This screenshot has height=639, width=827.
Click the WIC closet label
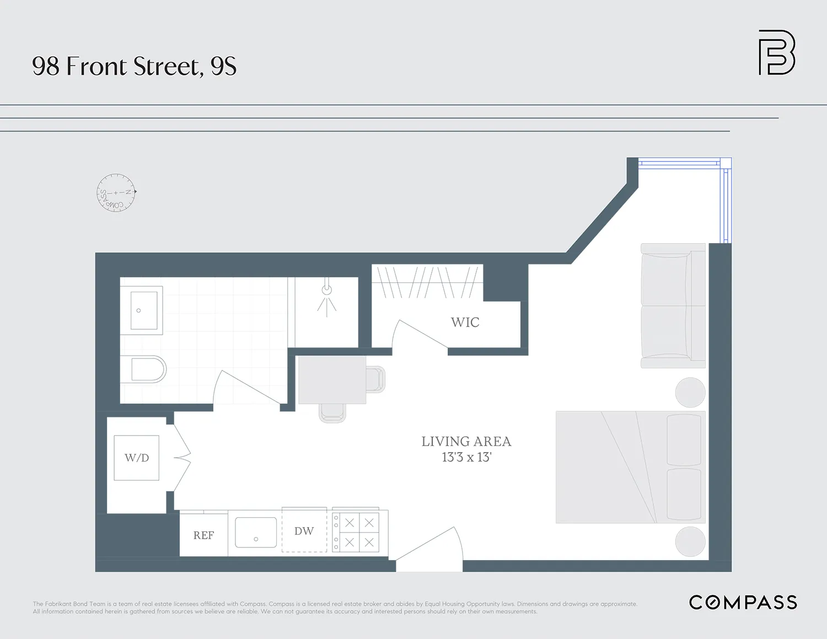(465, 323)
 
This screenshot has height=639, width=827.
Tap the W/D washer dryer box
(137, 458)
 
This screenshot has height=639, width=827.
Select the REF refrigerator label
(203, 535)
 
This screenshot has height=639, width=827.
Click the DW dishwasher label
(304, 531)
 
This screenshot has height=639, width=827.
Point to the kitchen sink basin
(256, 533)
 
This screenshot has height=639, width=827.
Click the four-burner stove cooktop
(359, 532)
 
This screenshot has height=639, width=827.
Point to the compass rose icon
(116, 193)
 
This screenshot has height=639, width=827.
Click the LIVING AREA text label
(466, 442)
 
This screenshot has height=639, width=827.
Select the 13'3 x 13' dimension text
(466, 458)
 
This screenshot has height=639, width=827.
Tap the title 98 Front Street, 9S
(134, 66)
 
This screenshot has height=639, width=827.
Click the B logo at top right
(776, 53)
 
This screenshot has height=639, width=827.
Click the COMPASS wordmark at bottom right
(743, 603)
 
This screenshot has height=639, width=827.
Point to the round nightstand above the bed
(690, 392)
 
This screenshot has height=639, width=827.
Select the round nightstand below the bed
(690, 541)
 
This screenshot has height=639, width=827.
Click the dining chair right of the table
(375, 379)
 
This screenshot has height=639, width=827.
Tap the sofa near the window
(673, 306)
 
